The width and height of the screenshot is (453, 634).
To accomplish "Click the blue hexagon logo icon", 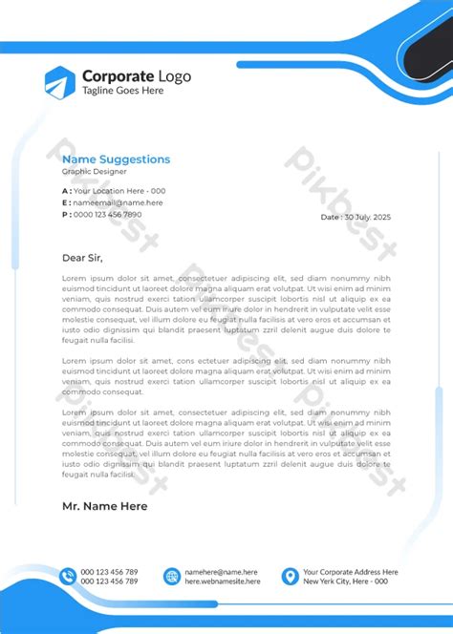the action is coord(59,82).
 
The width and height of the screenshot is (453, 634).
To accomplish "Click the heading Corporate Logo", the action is coord(136,76).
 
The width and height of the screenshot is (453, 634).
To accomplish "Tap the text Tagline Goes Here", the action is coord(122,91).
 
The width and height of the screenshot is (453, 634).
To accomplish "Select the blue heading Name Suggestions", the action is coord(116,159).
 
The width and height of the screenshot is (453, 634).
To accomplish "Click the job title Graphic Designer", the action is coord(93,172).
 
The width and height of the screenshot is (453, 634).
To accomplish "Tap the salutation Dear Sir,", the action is coord(81,258).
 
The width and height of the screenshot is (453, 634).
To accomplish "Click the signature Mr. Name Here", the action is coord(104,506).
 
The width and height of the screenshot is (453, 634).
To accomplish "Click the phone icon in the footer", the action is coord(68,576).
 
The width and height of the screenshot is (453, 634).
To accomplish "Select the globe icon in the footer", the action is coord(171,576).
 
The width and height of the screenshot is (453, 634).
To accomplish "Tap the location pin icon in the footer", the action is coord(289,576).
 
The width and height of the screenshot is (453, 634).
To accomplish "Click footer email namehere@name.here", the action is coord(221,571).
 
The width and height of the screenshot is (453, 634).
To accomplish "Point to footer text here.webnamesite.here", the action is coord(223,581).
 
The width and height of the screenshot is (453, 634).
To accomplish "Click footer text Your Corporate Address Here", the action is coord(350,571).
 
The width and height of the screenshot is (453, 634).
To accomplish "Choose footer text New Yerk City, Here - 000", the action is coord(345,581).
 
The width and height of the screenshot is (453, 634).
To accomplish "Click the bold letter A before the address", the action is coord(65,191).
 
